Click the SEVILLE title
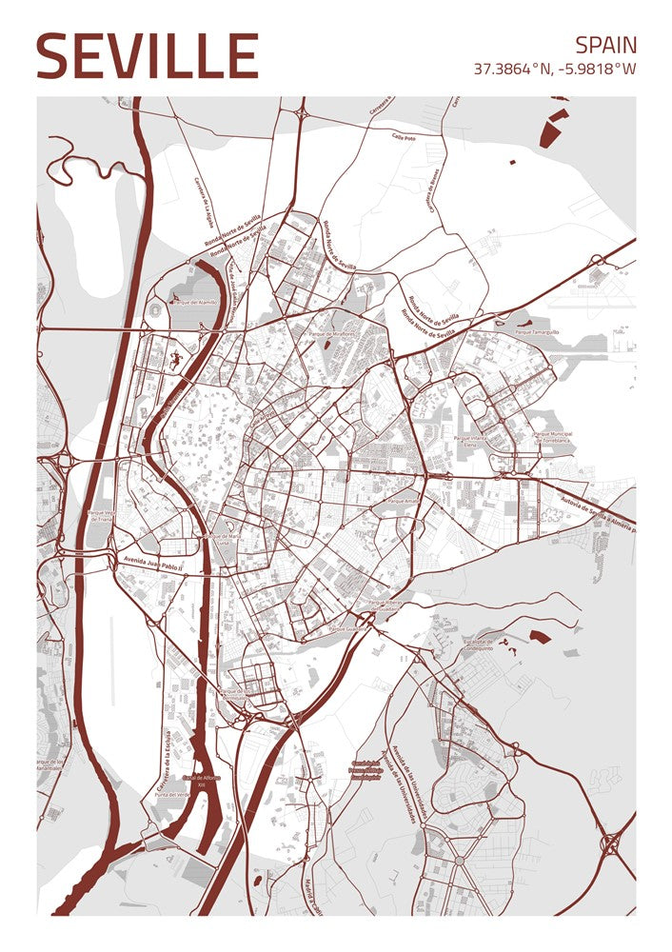point(148,56)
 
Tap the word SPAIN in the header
point(605,44)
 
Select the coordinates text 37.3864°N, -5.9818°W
point(555,69)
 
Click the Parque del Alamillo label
point(194,302)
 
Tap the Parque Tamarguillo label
point(537,332)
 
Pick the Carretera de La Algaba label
point(203,204)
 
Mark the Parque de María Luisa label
point(225,537)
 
